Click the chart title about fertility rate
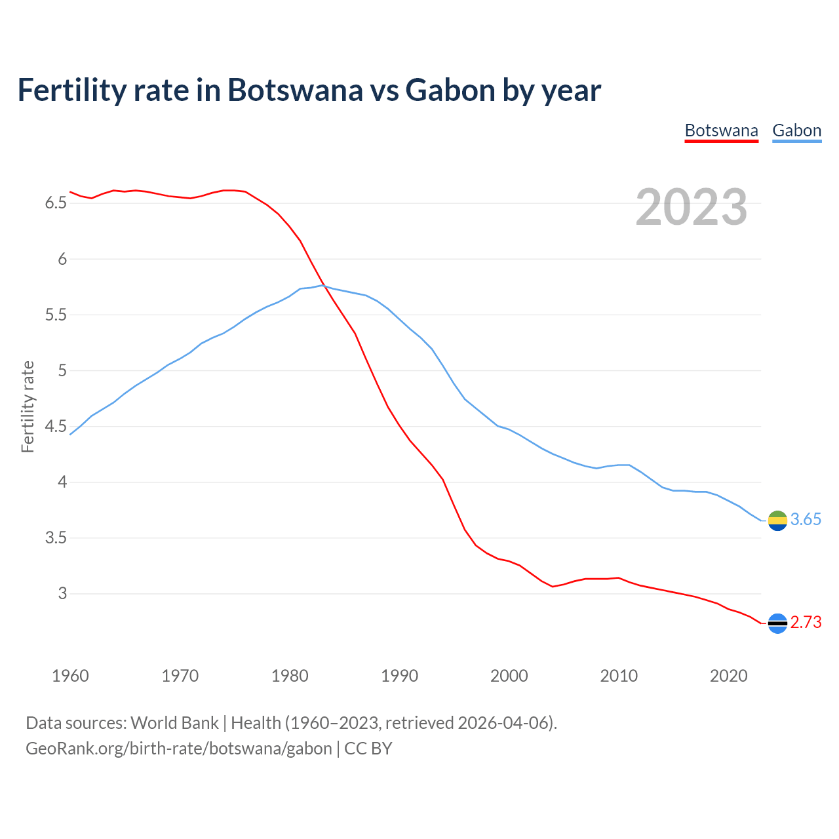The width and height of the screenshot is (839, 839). coord(309,90)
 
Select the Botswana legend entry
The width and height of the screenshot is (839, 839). coord(721,130)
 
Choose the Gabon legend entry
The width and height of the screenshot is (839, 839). coord(796,130)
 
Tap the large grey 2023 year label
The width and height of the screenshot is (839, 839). coord(692,207)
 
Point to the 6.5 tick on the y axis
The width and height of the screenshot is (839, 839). coord(56,203)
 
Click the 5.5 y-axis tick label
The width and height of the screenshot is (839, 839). coord(56,315)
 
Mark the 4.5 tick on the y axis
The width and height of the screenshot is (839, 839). coord(56,427)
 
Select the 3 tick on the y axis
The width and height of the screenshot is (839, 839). coord(62,594)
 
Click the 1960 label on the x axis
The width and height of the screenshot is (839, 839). coord(70,676)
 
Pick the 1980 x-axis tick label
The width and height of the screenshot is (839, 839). coord(290,676)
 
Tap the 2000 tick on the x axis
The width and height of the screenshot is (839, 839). coord(509,676)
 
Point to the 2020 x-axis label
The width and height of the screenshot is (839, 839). coord(729,676)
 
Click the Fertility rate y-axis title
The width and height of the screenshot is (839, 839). coord(28,406)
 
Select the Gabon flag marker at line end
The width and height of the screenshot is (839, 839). coord(777,520)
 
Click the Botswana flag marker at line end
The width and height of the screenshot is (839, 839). coord(777,623)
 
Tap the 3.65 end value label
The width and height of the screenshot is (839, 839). coord(806,520)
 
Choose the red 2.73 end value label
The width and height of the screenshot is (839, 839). coord(806,623)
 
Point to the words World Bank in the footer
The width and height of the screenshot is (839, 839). coord(174,723)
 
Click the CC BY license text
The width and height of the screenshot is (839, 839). coord(368,749)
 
